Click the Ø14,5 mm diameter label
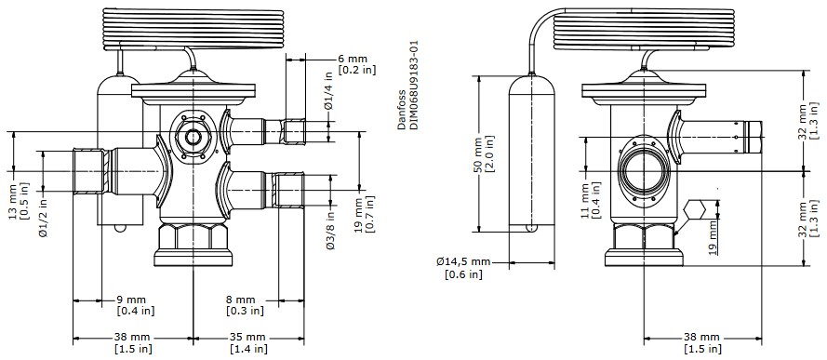click(462, 261)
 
